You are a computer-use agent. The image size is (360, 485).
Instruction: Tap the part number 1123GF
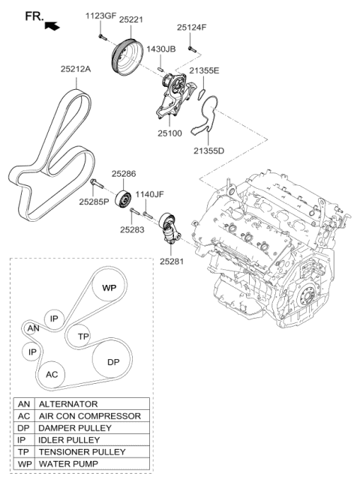[x=100, y=14]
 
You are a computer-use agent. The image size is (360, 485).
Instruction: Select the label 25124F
[x=192, y=28]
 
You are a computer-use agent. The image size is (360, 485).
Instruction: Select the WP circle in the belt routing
[x=109, y=288]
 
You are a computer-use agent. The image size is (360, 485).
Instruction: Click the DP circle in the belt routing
[x=112, y=362]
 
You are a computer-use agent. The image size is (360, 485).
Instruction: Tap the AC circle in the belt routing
[x=52, y=374]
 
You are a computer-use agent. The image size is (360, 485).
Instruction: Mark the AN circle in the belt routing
[x=32, y=328]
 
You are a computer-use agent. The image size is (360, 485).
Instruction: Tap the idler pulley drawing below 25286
[x=124, y=203]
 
